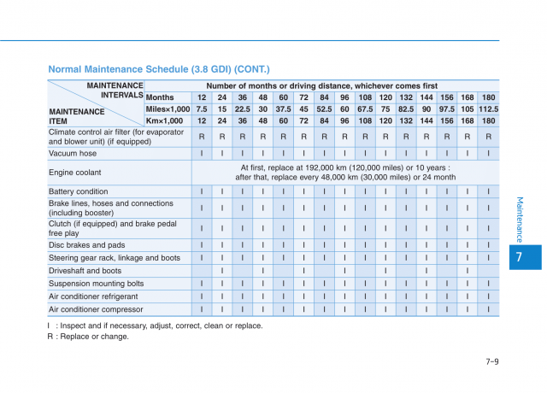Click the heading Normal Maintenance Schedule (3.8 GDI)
(158, 68)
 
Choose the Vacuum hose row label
(73, 154)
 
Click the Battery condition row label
(79, 191)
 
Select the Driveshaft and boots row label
(85, 270)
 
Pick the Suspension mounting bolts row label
(97, 283)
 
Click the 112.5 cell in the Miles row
(489, 109)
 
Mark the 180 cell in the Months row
(489, 97)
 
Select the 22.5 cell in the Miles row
(243, 109)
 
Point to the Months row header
(160, 97)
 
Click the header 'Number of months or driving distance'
(321, 85)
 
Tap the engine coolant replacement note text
(344, 173)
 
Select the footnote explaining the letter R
(88, 337)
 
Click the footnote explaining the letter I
(155, 326)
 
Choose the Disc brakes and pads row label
(87, 244)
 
